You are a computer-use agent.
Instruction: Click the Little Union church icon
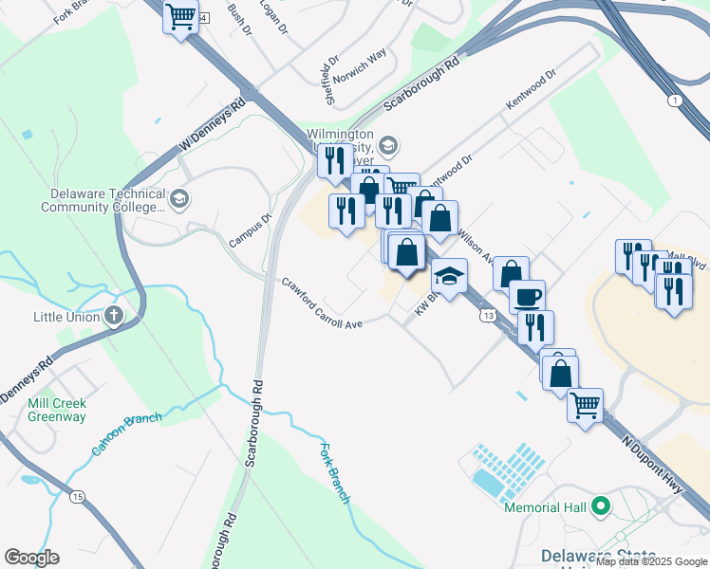click(115, 316)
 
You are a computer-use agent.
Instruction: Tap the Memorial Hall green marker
click(599, 506)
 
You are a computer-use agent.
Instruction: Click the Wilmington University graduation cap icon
click(387, 145)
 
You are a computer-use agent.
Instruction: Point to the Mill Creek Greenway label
click(56, 410)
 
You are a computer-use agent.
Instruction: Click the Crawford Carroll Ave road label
click(322, 303)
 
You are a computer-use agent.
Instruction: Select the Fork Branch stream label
click(336, 472)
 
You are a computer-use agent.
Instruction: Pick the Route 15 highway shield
click(77, 496)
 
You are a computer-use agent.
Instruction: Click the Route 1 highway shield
click(673, 101)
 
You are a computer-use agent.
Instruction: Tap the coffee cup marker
click(527, 296)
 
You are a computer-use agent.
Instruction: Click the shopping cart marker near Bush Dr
click(180, 17)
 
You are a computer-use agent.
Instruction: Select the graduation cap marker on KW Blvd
click(449, 276)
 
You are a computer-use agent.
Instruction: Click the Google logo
click(31, 558)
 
